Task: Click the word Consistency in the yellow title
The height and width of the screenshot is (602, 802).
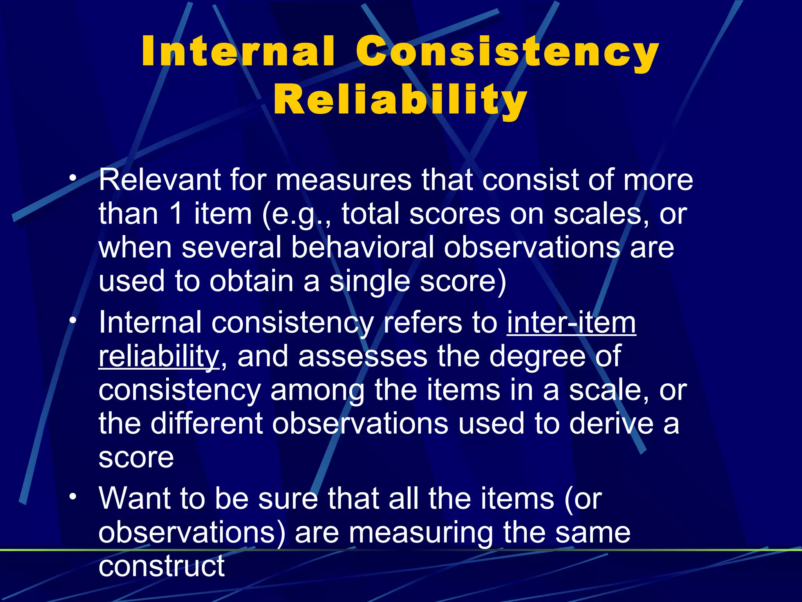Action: pos(507,52)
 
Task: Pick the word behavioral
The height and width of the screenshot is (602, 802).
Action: pos(363,248)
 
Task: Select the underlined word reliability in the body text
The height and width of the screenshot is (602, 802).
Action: pos(159,356)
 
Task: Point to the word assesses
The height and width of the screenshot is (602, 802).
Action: pos(362,356)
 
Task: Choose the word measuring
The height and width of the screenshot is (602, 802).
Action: pos(421,533)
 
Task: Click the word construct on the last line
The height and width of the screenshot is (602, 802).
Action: pos(161,566)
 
